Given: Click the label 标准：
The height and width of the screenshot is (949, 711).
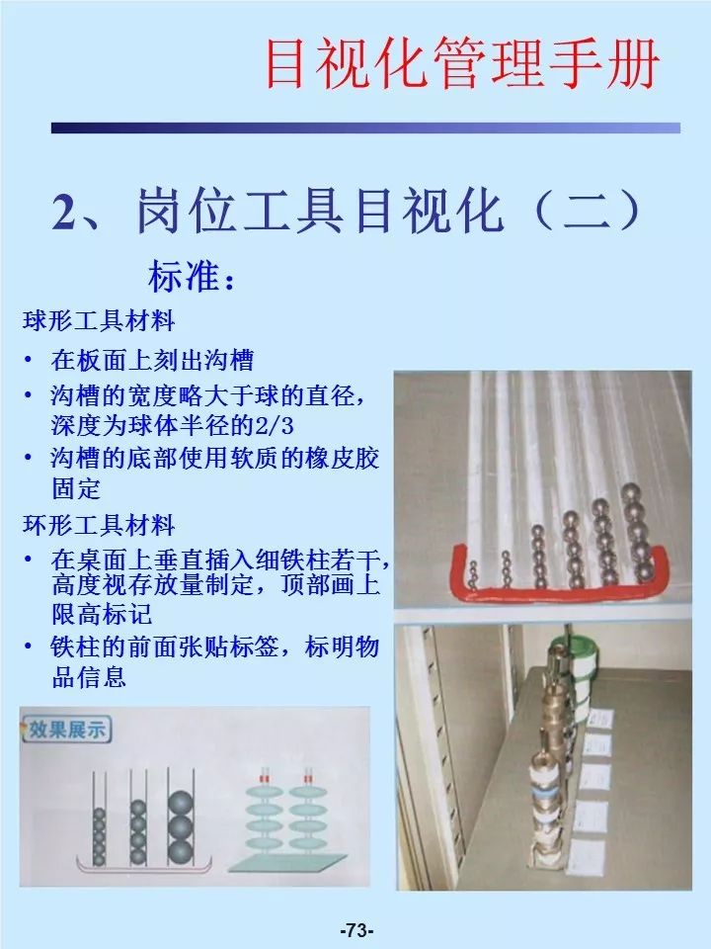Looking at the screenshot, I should point(193,277).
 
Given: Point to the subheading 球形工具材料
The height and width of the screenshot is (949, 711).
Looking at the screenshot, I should point(99,321).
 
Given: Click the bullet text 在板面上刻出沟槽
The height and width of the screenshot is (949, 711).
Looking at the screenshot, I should point(152,359).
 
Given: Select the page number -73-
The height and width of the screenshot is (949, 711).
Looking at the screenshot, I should point(355,930).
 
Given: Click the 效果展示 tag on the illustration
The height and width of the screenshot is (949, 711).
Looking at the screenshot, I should point(67,731).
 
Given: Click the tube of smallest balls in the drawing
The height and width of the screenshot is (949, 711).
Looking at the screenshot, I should point(99,835).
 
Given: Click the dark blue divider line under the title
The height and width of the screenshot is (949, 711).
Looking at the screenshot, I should point(365,128).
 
